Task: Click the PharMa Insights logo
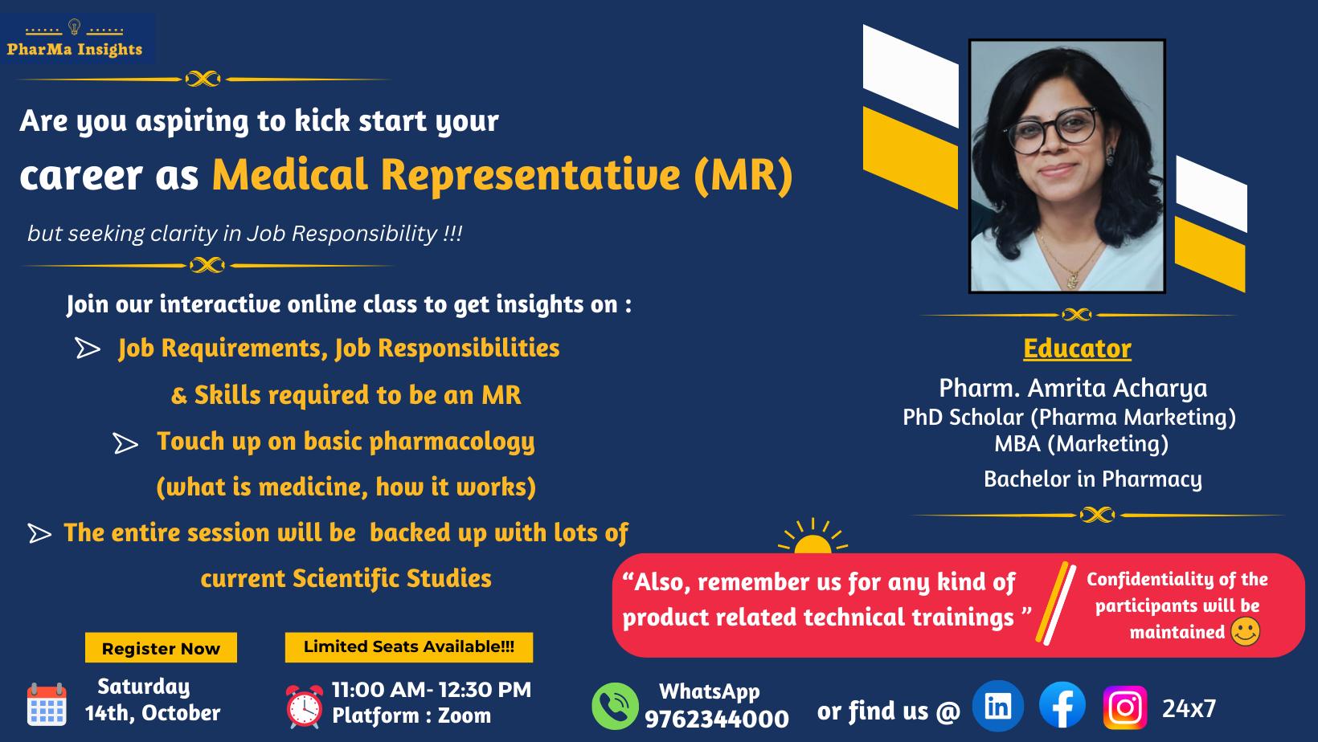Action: pos(75,39)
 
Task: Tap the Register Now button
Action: pos(161,648)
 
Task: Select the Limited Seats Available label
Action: pos(409,646)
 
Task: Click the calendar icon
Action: pos(47,704)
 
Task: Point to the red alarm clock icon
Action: pos(305,706)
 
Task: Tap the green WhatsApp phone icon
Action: pos(615,706)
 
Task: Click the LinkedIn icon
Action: pos(998,706)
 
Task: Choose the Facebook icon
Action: pos(1062,706)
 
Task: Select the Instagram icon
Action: pos(1125,707)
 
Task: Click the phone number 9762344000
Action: pos(717,719)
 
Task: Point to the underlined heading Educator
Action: pos(1077,349)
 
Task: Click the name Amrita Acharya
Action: pos(1117,388)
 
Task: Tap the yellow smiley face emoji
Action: pos(1245,631)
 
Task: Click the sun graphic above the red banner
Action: pos(812,537)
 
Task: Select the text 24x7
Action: pos(1189,708)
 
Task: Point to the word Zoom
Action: pos(465,715)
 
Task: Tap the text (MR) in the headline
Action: pos(743,174)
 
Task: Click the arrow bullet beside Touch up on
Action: pos(125,444)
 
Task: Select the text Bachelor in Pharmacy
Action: pos(1093,479)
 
